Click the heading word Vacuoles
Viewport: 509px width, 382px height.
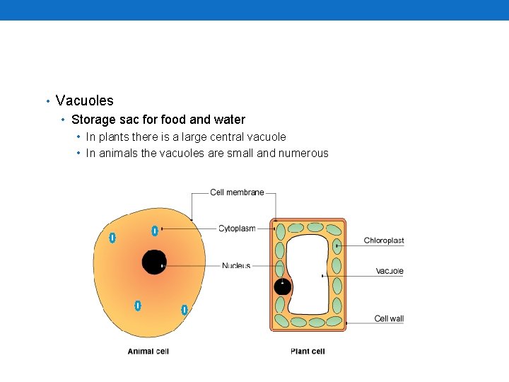pyautogui.click(x=84, y=100)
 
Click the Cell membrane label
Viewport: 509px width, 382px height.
pyautogui.click(x=237, y=192)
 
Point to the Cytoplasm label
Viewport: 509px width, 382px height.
pyautogui.click(x=237, y=228)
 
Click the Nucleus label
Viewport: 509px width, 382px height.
pyautogui.click(x=236, y=266)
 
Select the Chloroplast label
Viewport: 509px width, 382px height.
pyautogui.click(x=384, y=241)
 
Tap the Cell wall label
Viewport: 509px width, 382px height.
pyautogui.click(x=389, y=319)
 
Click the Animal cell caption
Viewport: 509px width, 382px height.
pyautogui.click(x=148, y=351)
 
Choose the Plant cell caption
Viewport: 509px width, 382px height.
pyautogui.click(x=308, y=351)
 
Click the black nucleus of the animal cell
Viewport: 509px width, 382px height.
pyautogui.click(x=153, y=262)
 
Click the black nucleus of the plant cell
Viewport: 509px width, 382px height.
pyautogui.click(x=282, y=286)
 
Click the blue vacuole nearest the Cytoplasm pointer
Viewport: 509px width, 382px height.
pyautogui.click(x=155, y=231)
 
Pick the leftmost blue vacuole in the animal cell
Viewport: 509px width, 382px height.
pyautogui.click(x=112, y=238)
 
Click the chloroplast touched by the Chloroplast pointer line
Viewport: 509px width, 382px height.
pyautogui.click(x=337, y=247)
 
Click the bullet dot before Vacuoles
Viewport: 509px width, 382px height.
pyautogui.click(x=47, y=101)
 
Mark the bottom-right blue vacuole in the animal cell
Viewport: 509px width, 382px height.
pyautogui.click(x=184, y=309)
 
